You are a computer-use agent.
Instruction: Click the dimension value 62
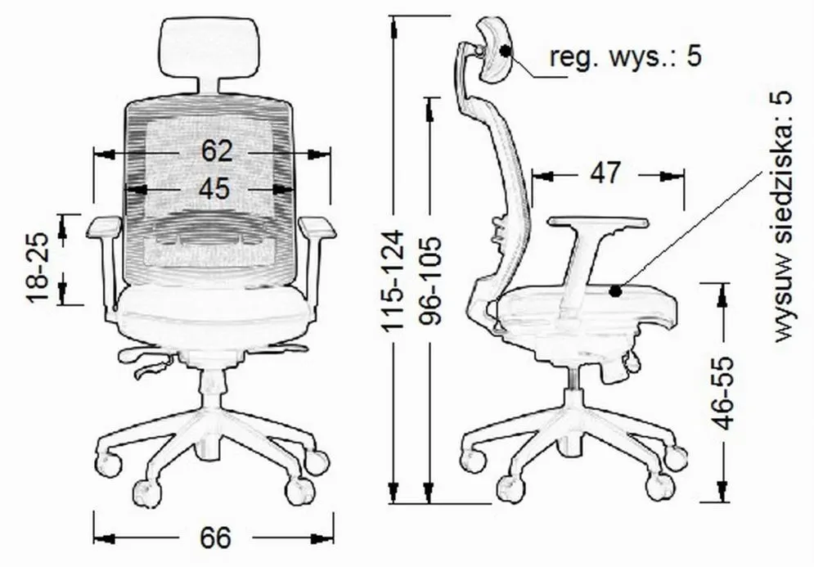[x=217, y=151]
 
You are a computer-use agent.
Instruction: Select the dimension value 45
[x=214, y=188]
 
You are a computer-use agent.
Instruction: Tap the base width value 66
[x=215, y=538]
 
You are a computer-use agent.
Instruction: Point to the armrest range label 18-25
[x=38, y=267]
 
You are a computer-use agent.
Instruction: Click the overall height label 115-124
[x=393, y=281]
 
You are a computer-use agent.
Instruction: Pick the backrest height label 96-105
[x=430, y=281]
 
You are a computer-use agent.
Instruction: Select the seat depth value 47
[x=605, y=173]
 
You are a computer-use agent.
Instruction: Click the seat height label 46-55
[x=722, y=393]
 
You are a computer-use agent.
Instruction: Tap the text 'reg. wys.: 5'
[x=626, y=56]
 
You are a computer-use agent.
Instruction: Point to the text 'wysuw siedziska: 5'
[x=783, y=216]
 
